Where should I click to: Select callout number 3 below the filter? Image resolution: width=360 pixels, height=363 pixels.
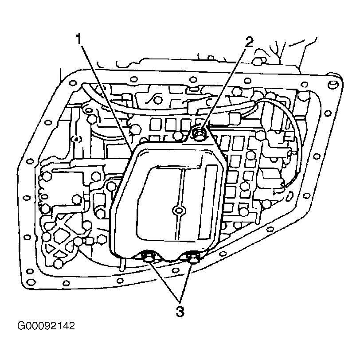coord(180,312)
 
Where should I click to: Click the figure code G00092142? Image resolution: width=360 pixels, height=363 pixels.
coord(46,326)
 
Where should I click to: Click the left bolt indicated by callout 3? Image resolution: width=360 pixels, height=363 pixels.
coord(148,257)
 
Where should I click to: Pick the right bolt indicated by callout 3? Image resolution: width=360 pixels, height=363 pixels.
coord(192,258)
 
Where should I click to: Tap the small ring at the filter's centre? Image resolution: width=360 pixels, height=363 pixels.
coord(179,210)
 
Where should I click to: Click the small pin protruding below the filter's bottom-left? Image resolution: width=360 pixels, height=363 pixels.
coord(122,265)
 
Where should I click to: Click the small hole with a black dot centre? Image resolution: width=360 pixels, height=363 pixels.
coord(76,139)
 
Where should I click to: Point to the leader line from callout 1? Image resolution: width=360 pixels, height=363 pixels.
coord(106,98)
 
